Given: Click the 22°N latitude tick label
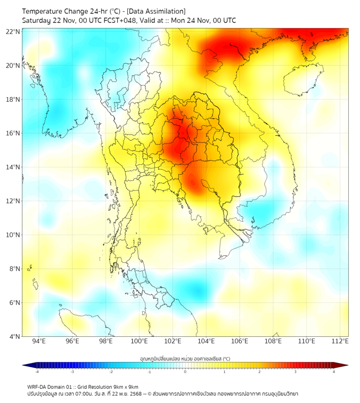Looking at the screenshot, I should coord(13,31).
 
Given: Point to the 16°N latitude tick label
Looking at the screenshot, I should coord(13,133).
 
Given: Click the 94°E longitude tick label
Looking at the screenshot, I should coord(39,341).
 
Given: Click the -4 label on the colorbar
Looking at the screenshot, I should coord(37,372).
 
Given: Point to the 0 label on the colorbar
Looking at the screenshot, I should coord(185,372).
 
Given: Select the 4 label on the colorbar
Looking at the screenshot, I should coord(334,372).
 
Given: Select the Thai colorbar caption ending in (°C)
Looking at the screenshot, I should coord(185,358).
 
